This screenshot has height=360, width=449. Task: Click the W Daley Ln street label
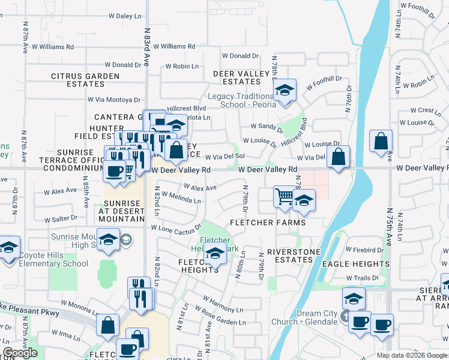(125, 17)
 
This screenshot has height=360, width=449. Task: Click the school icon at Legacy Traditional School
(285, 91)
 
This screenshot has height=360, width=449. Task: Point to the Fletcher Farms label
(268, 223)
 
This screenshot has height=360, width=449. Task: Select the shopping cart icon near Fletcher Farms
(284, 196)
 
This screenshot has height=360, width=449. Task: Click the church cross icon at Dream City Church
(346, 316)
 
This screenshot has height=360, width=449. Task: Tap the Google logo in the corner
(20, 353)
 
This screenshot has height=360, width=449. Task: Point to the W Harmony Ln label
(223, 304)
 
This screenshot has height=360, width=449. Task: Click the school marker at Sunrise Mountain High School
(108, 239)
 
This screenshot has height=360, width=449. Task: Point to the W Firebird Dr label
(364, 250)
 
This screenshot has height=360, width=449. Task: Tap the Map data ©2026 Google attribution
(411, 355)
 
